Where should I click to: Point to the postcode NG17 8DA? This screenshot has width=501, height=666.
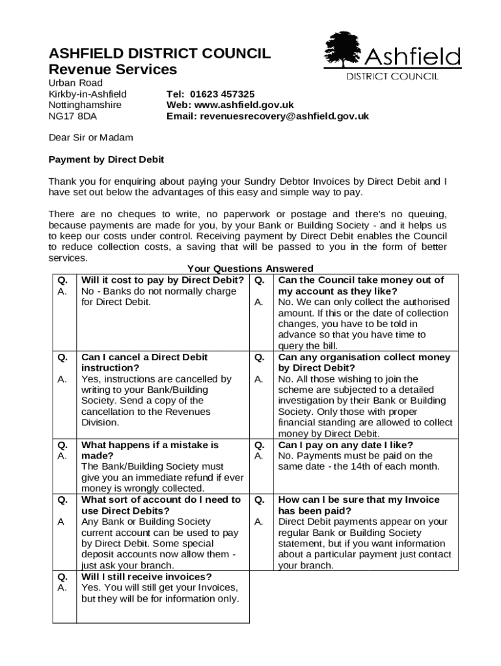point(72,116)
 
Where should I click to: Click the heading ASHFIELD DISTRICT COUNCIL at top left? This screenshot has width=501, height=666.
point(159,53)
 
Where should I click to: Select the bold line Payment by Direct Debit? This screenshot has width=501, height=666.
point(107,159)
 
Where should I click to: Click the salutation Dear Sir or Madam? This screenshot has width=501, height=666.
point(91,137)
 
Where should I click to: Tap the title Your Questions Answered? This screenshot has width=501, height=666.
point(251,269)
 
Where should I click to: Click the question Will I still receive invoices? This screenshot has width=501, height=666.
point(146,577)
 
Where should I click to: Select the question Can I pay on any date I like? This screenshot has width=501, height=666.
point(350,445)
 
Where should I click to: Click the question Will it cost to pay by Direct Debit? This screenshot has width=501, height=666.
point(163,280)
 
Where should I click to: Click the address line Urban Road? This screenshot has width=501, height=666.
point(76,83)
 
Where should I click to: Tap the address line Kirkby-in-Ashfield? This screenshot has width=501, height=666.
point(88,94)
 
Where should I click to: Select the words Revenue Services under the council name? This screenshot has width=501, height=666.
point(113,70)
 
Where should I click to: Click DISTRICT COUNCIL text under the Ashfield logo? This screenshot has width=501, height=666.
point(392,76)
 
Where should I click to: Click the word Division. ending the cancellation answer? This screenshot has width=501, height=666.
point(100,422)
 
